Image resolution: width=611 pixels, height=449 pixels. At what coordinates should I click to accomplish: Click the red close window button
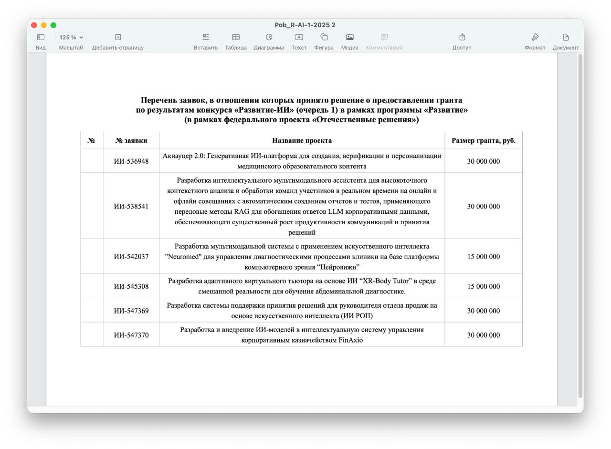point(34,25)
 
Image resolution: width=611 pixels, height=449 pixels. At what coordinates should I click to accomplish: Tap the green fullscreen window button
point(53,25)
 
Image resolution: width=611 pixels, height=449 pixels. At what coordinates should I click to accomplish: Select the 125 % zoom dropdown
point(71,37)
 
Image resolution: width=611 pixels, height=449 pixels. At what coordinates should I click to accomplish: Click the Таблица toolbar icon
point(236,37)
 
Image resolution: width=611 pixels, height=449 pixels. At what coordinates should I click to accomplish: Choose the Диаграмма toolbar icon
point(269,37)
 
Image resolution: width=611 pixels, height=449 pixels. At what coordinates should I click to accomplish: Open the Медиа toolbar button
point(350,37)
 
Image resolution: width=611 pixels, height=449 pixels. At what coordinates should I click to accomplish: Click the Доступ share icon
point(462,37)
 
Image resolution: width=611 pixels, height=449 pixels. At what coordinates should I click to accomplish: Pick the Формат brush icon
point(535,37)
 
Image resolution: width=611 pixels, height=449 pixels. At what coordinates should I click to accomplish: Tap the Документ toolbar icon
point(566,37)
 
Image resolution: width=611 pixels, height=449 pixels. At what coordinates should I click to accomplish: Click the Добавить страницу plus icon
point(118,37)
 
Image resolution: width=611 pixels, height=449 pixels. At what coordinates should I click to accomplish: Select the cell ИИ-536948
point(131,161)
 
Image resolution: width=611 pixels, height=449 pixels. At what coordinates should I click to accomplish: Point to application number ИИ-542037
point(131,257)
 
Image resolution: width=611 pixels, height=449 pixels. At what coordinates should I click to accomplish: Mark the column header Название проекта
point(302,141)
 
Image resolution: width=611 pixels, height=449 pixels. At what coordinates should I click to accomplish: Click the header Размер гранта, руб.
point(484,141)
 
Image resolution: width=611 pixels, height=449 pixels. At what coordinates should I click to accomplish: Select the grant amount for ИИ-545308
point(484,286)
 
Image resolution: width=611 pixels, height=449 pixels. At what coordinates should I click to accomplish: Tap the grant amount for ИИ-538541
point(484,207)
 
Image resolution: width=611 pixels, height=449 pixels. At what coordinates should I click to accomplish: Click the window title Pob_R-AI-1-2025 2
point(305,25)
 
